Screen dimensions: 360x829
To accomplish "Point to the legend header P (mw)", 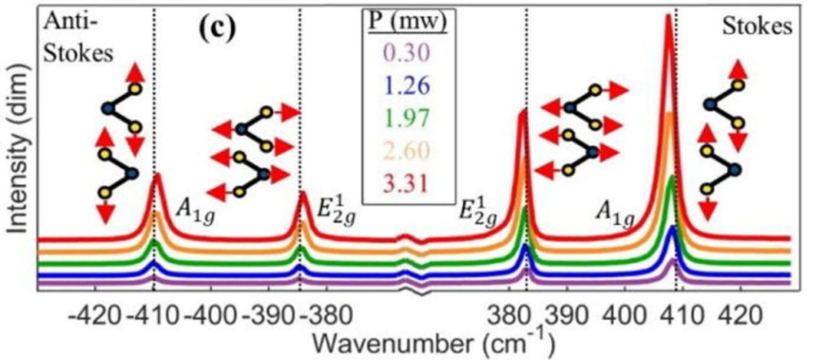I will coord(405,21).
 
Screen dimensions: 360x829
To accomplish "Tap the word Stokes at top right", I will coord(756,28).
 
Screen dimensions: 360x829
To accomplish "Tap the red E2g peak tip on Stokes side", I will coord(524,112).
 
